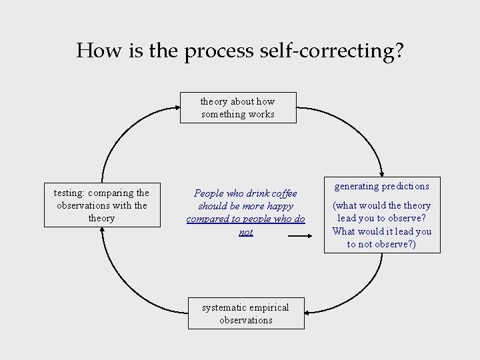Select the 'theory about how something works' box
(238, 108)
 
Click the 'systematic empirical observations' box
(246, 313)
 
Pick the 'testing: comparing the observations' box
(101, 205)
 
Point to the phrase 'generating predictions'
(381, 186)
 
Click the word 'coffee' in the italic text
(281, 193)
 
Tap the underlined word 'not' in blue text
(246, 232)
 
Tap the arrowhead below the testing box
(102, 232)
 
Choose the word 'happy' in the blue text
(279, 206)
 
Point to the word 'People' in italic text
(209, 193)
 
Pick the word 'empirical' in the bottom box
(270, 307)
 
